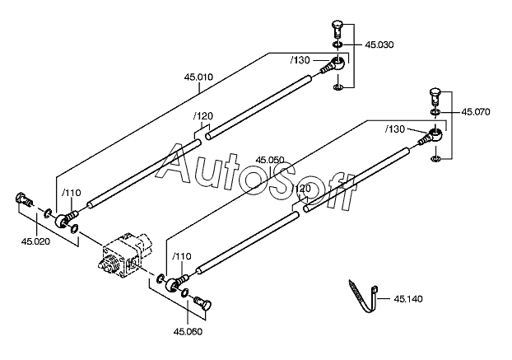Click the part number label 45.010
pos(198,77)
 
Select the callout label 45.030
pos(379,44)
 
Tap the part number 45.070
pos(476,112)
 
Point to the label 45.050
pos(270,160)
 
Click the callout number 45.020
pos(36,241)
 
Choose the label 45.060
pos(188,331)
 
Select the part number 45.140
pos(408,299)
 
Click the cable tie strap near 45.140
pos(363,297)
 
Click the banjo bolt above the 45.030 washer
pos(337,30)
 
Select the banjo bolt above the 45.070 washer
pos(435,96)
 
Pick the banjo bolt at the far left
pos(24,199)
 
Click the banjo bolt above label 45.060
pos(202,302)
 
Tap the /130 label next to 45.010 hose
pos(300,60)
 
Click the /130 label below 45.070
pos(395,129)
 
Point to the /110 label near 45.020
pos(71,193)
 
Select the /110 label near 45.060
pos(182,256)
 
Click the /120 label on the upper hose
pos(203,116)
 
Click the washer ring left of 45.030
pos(337,44)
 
